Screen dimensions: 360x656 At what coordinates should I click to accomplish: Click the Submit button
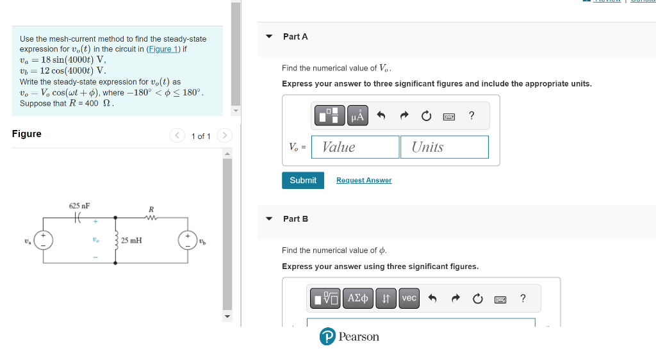[302, 181]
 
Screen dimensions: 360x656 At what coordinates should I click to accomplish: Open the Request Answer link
[363, 181]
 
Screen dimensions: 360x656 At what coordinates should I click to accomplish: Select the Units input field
[444, 147]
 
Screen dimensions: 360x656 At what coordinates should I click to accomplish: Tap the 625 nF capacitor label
[79, 206]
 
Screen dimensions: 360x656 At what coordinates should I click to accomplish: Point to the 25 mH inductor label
[131, 241]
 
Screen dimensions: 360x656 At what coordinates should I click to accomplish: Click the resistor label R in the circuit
[151, 209]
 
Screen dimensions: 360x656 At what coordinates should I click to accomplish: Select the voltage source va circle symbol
[44, 240]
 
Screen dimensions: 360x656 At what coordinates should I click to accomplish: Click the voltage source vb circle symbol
[187, 240]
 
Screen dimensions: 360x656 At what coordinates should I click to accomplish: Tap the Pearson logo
[349, 337]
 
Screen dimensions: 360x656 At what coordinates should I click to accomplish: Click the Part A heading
[295, 37]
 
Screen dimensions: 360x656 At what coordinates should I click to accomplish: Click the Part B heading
[295, 219]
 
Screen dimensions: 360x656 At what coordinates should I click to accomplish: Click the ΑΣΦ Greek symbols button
[358, 299]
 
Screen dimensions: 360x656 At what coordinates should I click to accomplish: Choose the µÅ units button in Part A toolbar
[357, 116]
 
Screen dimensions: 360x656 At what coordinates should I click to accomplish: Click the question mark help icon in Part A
[471, 116]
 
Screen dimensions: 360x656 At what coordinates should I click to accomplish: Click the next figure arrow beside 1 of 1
[224, 136]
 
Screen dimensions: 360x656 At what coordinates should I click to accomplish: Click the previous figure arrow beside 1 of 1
[177, 136]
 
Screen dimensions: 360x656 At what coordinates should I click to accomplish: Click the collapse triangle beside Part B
[269, 219]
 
